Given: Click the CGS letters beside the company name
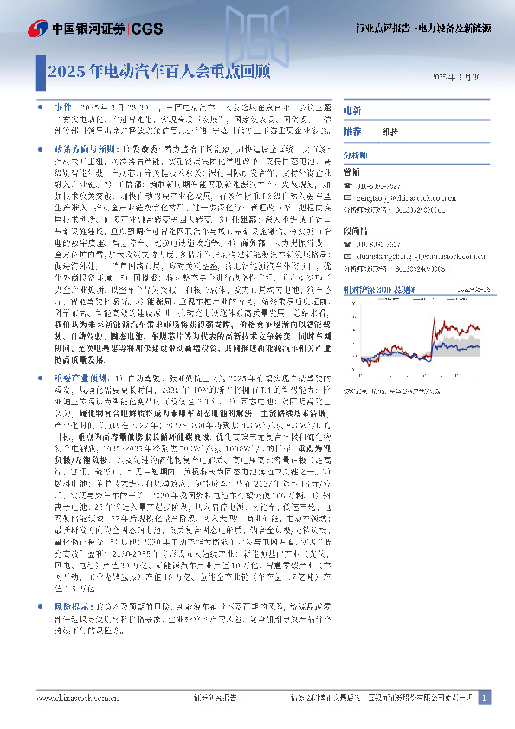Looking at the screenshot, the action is tap(148, 29).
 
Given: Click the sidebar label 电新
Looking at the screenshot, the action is tap(352, 112).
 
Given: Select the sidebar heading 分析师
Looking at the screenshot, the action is tap(357, 154).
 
